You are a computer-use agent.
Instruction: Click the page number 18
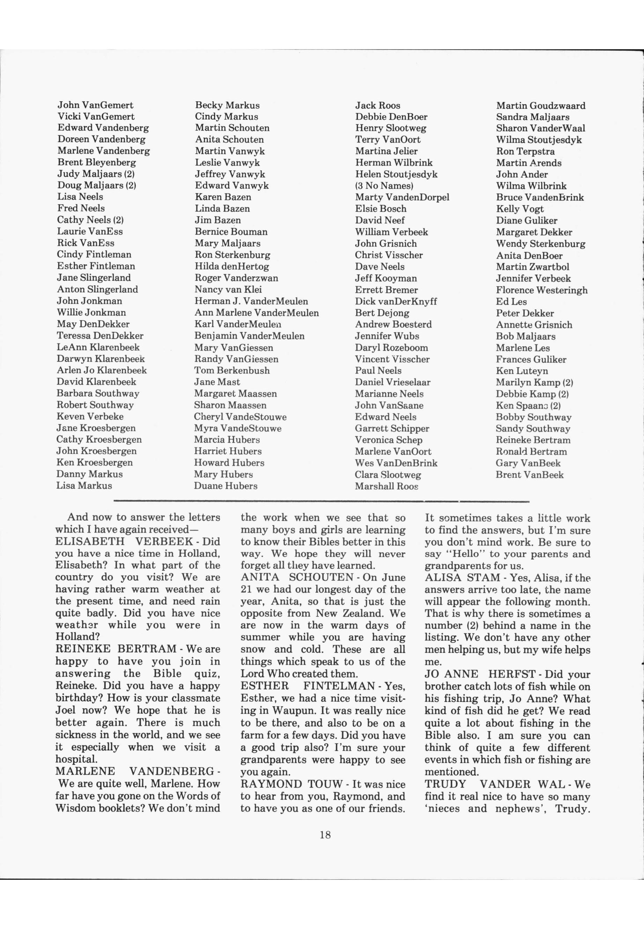tap(325, 834)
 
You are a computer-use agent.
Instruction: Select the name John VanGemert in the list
tap(95, 105)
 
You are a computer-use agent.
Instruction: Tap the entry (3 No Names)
tap(384, 186)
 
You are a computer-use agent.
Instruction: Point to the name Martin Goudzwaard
tap(540, 106)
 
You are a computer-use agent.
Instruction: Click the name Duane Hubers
tap(225, 486)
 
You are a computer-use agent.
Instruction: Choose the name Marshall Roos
tap(386, 486)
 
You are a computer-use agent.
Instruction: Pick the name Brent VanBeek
tap(530, 475)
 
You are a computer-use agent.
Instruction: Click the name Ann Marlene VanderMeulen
tap(256, 313)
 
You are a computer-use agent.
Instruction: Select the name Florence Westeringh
tap(541, 290)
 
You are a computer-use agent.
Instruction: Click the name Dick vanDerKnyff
tap(395, 302)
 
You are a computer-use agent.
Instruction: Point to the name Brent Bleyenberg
tap(96, 162)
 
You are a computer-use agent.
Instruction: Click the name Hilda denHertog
tap(232, 266)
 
